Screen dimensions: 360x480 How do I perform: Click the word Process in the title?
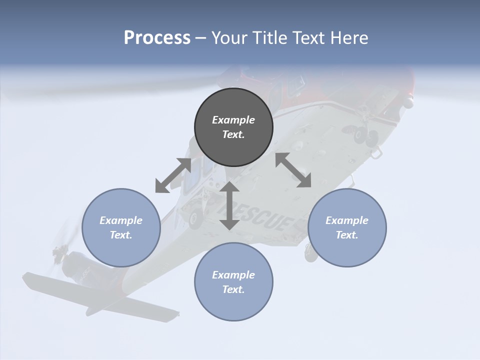(157, 38)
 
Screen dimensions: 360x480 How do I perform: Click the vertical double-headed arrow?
(229, 205)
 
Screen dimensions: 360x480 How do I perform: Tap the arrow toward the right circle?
(293, 170)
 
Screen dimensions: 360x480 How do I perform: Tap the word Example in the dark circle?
(233, 120)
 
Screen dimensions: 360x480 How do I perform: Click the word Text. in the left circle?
(121, 235)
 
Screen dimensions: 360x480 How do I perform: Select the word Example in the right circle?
(347, 220)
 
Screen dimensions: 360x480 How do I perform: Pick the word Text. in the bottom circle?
(233, 289)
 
